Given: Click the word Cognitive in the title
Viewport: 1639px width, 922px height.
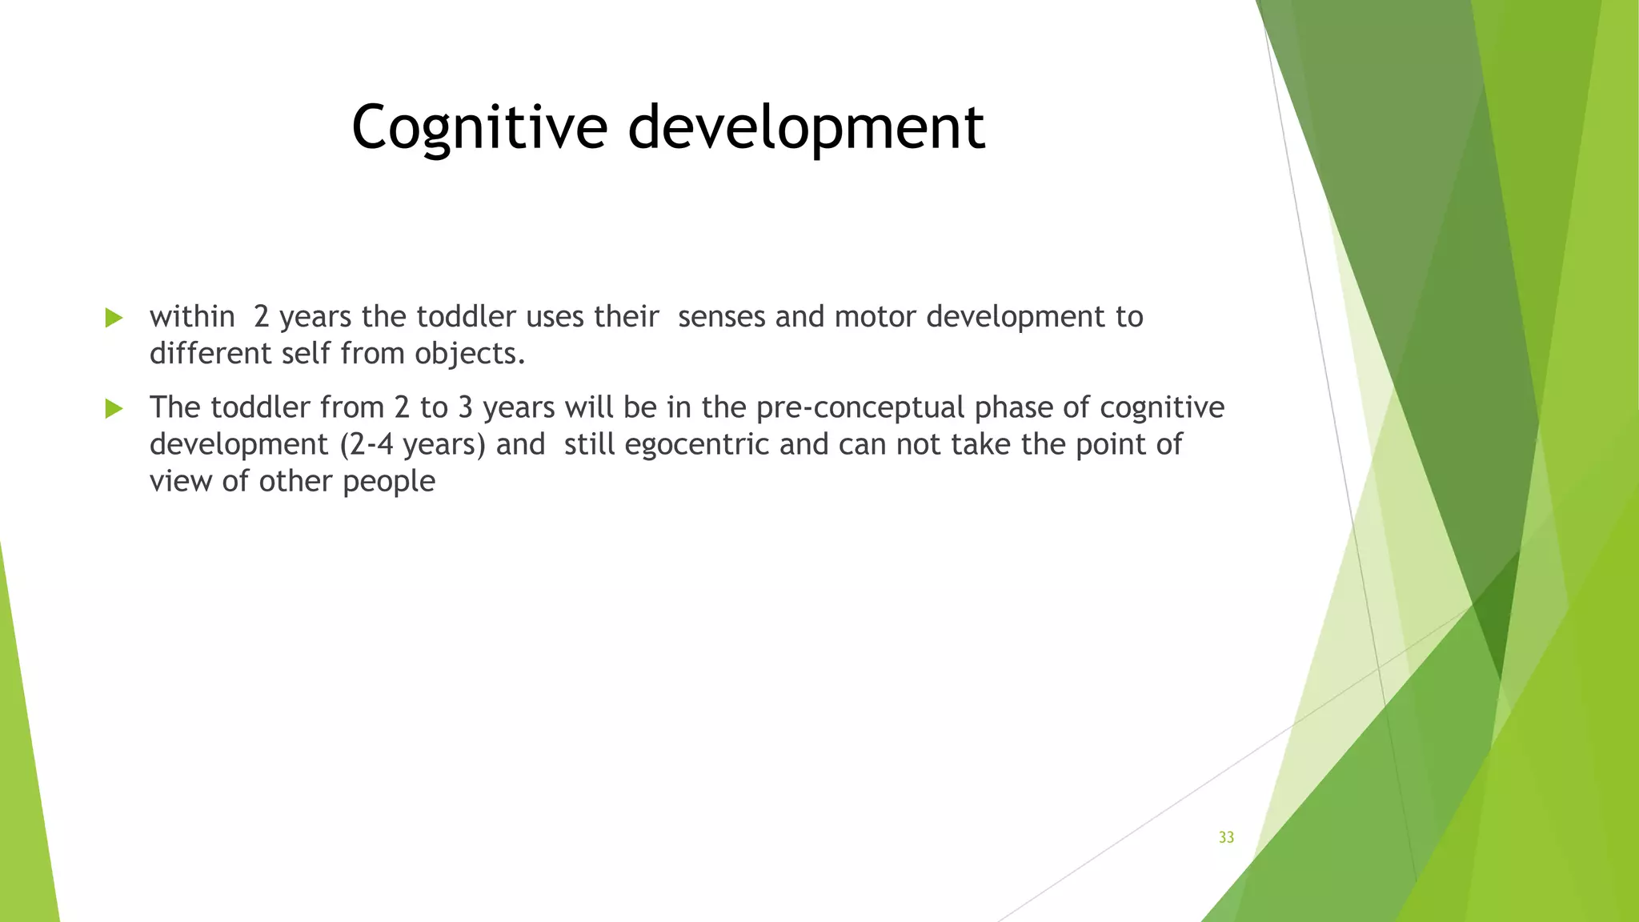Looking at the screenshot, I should tap(479, 128).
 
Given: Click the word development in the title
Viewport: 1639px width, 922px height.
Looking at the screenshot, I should tap(806, 128).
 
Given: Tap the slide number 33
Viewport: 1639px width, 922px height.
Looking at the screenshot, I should tap(1226, 837).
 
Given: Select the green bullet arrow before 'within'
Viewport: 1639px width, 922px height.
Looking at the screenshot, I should tap(114, 318).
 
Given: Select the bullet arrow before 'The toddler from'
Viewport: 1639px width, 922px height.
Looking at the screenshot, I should tap(114, 409).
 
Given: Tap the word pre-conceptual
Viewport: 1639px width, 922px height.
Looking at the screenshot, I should tap(860, 408).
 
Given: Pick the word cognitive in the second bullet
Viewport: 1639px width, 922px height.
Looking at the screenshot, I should tap(1162, 408).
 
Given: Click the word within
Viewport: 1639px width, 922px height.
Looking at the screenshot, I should tap(192, 318).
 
